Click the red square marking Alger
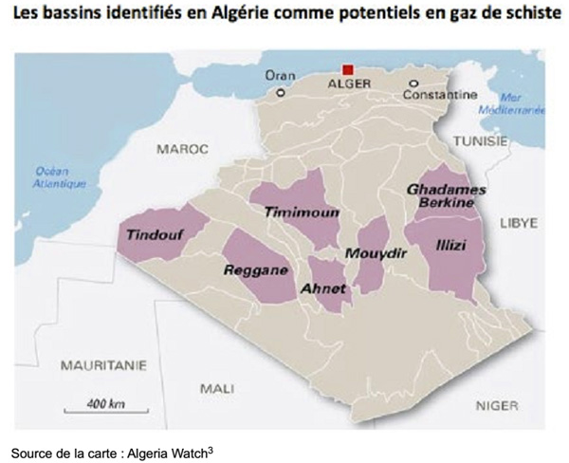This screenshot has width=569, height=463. point(348,70)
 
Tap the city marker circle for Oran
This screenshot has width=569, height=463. point(280,94)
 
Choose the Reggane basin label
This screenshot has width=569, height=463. point(255,270)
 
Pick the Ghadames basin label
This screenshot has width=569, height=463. point(446,190)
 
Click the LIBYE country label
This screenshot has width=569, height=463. point(519,223)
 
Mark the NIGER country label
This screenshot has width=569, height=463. point(495,405)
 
